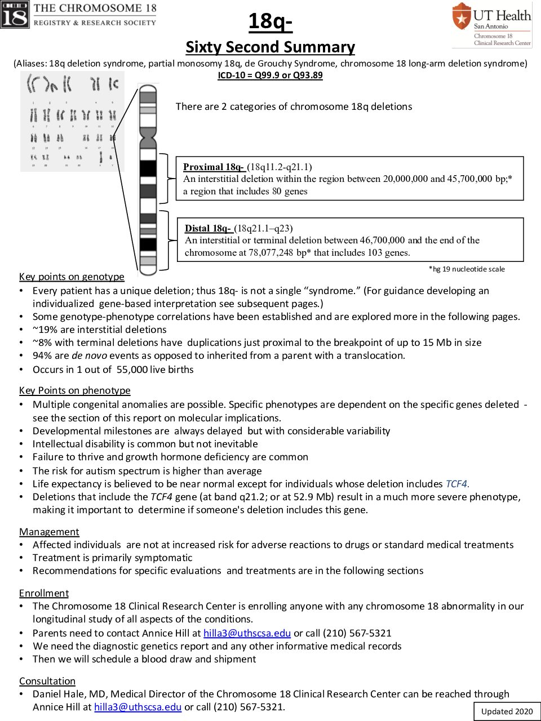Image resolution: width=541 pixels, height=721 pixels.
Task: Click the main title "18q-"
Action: click(270, 21)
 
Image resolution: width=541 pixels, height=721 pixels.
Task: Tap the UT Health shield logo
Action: click(462, 16)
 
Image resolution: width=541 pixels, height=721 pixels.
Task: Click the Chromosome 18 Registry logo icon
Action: click(15, 15)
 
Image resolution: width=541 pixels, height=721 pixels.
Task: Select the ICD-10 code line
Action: click(270, 75)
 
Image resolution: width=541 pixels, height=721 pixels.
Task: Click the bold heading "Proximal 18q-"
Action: click(214, 167)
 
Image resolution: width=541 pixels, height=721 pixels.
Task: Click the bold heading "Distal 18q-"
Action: click(208, 228)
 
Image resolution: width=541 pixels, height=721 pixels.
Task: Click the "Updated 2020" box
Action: click(507, 711)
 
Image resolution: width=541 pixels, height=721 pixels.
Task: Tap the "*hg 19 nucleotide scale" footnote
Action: click(467, 269)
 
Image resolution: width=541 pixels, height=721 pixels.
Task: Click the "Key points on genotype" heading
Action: click(72, 277)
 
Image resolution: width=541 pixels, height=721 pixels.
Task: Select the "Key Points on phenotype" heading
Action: click(74, 390)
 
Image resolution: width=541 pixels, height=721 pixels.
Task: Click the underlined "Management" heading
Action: click(49, 532)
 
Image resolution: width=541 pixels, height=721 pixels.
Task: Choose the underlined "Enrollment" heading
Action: click(44, 593)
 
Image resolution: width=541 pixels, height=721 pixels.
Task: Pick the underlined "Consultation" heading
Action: click(47, 681)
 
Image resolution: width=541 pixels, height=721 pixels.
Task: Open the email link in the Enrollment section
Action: click(247, 633)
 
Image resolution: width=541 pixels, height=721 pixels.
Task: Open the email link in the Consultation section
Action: click(138, 707)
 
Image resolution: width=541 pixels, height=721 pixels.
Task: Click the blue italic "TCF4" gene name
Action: click(456, 484)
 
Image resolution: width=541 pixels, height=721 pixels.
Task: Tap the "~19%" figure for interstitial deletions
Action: click(44, 330)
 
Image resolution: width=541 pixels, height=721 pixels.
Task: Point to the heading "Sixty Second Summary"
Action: click(270, 47)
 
